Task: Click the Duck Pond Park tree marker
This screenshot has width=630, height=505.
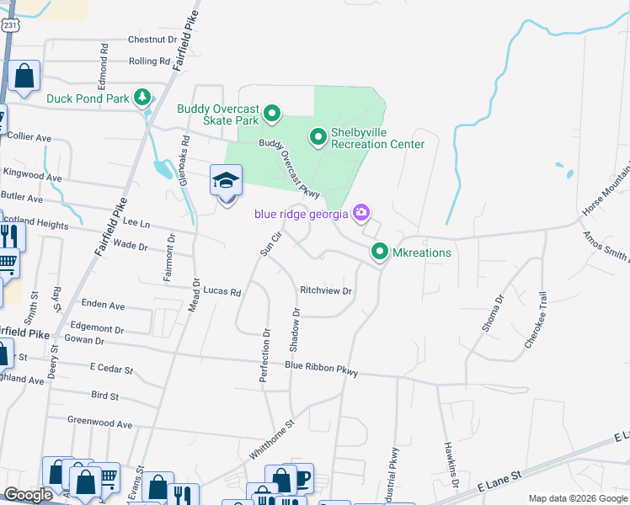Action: point(143,98)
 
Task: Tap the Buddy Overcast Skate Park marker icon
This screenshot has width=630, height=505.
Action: point(272,112)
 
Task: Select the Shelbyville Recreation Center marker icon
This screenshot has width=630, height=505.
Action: point(318,136)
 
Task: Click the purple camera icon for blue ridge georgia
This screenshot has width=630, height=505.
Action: point(361,212)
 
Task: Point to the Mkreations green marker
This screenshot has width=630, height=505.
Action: point(380,252)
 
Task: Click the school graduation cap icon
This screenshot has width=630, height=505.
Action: point(226,181)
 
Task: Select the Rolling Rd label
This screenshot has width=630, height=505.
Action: point(150,61)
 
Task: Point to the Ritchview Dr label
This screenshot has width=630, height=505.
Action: point(325,290)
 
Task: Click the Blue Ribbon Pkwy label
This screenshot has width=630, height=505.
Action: point(321,369)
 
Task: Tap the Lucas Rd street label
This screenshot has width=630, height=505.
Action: point(222,292)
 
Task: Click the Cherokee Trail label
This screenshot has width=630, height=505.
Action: point(536,321)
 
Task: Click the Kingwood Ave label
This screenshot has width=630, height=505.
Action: point(33,178)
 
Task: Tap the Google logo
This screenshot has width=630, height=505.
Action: point(28,495)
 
